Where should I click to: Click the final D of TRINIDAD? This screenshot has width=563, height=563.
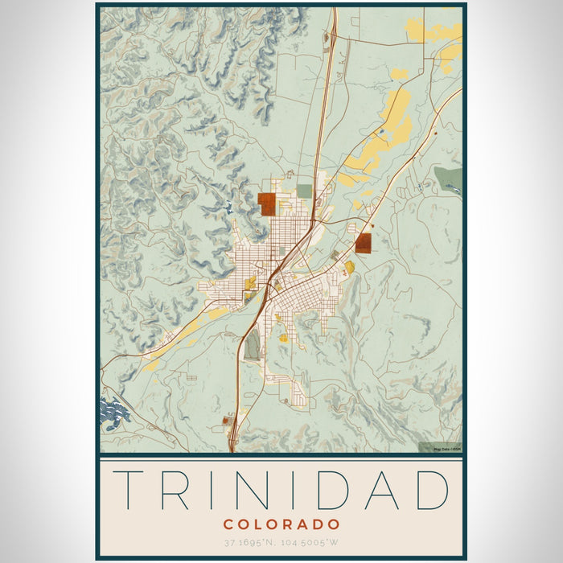coord(429,489)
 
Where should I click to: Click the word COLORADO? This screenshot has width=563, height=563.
coord(281,524)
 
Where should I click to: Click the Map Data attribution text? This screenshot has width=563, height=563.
coord(446,449)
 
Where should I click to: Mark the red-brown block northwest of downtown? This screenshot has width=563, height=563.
coord(267,203)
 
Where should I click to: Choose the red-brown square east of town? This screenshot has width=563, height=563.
coord(364,243)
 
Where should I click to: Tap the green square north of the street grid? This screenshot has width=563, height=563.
coord(304,191)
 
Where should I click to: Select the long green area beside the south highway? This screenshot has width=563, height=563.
coord(253,346)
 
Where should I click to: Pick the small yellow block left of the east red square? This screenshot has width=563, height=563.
coord(349,266)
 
